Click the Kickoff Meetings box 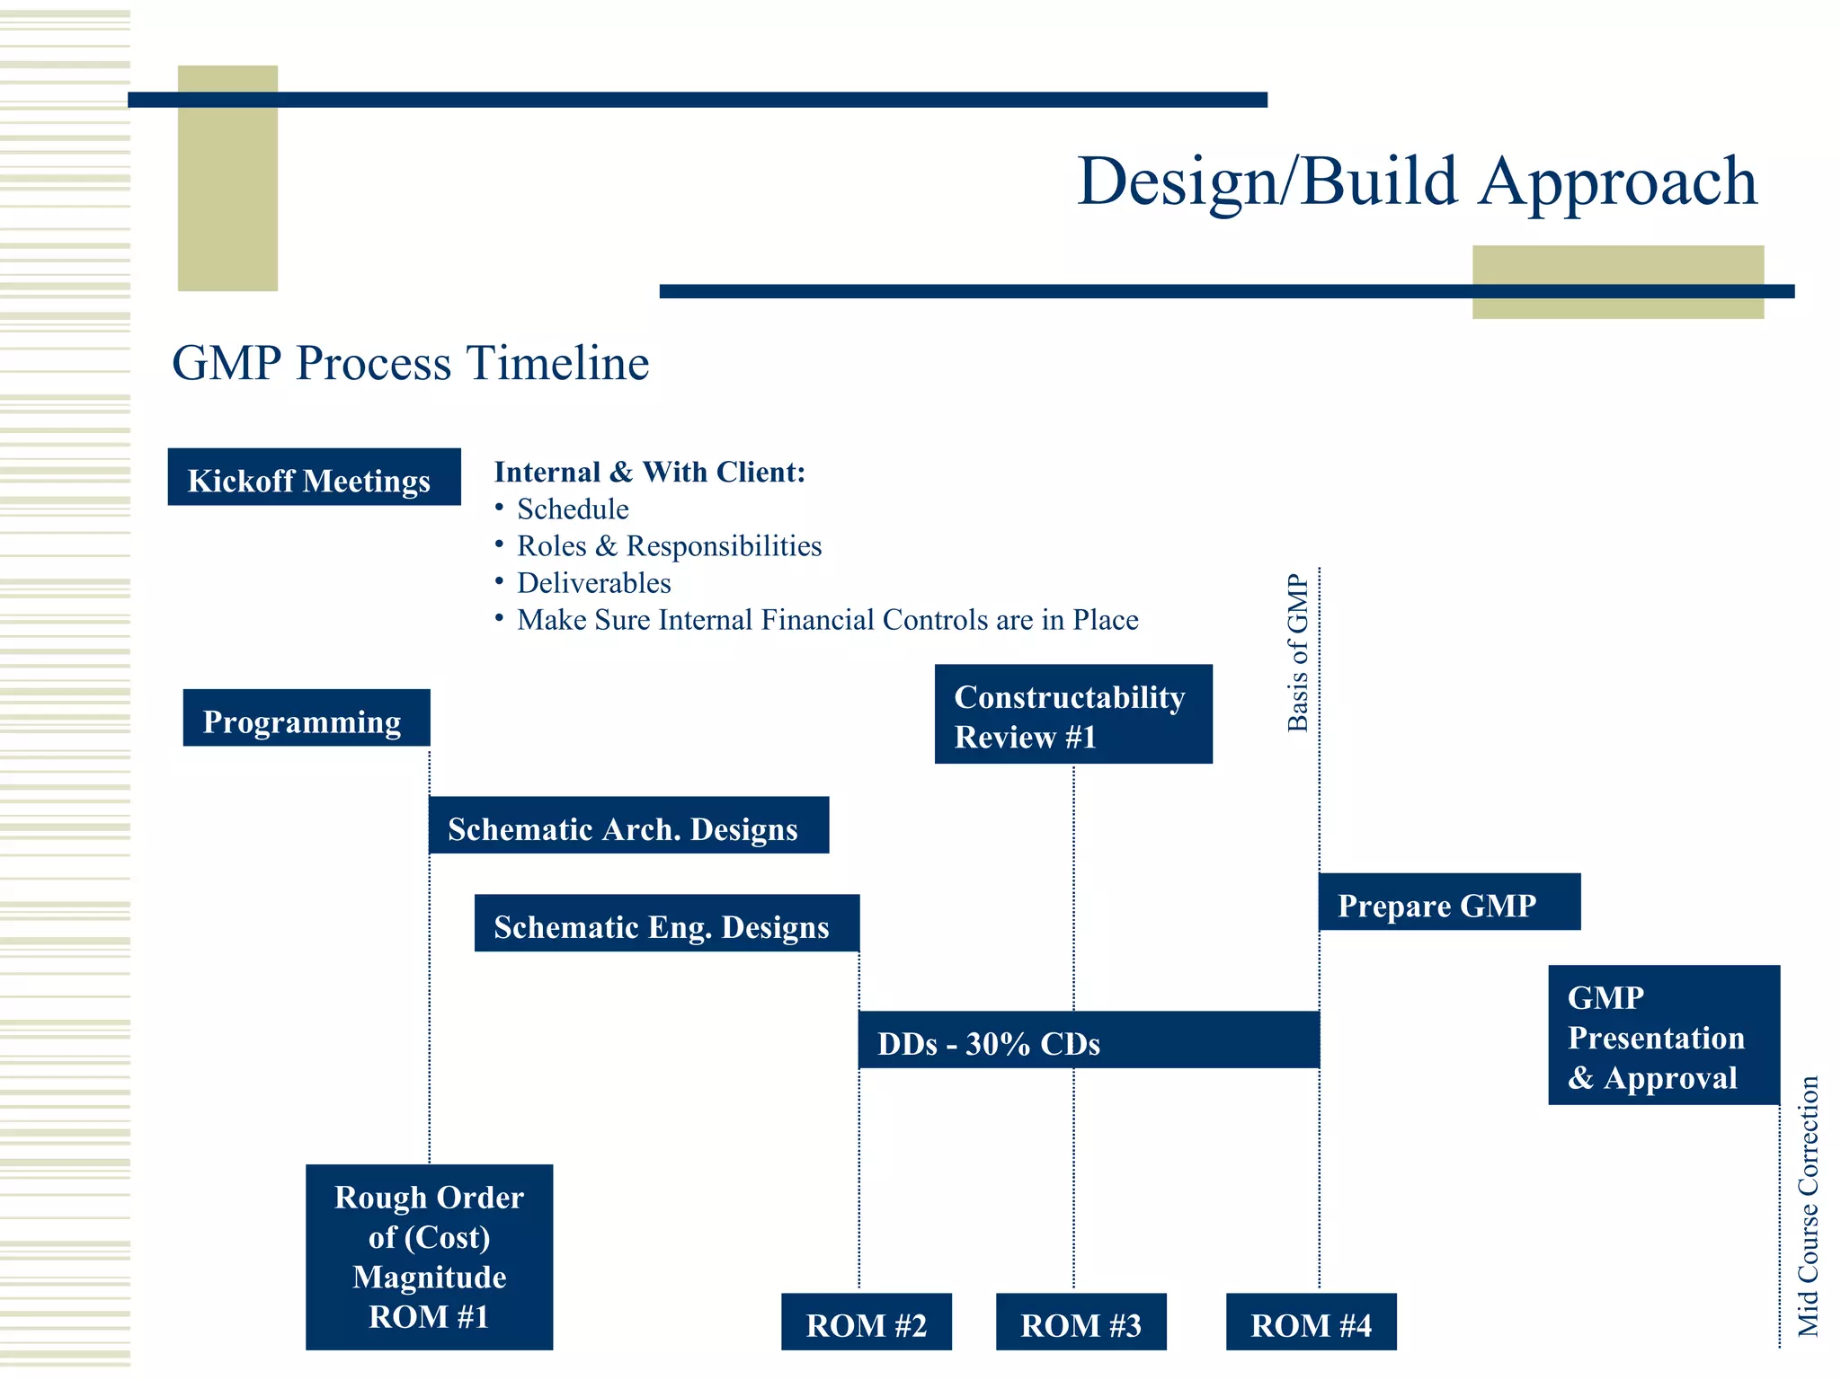[314, 477]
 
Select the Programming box [307, 718]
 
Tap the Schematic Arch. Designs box [628, 826]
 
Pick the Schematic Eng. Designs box [666, 923]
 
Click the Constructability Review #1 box [1073, 714]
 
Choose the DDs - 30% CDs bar [1089, 1040]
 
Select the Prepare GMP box [1449, 902]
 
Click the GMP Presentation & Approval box [1664, 1035]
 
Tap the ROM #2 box [866, 1322]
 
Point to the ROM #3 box [1081, 1322]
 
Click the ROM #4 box [1311, 1322]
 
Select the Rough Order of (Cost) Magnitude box [429, 1257]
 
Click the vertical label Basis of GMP [1298, 653]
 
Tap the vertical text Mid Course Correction [1808, 1207]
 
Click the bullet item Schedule [573, 509]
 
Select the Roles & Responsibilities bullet [669, 546]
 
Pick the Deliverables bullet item [593, 583]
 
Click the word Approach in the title [1617, 182]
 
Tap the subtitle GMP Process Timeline [410, 363]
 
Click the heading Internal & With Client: [649, 472]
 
